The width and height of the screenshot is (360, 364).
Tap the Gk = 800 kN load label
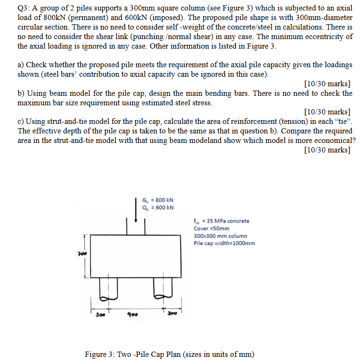click(158, 200)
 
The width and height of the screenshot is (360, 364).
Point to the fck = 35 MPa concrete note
click(221, 221)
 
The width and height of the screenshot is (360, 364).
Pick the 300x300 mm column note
click(220, 236)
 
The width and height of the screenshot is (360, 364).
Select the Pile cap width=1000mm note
click(224, 243)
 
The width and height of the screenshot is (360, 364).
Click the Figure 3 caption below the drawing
click(170, 354)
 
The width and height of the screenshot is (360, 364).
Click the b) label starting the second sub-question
click(21, 93)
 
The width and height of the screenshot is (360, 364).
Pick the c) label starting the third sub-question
click(21, 121)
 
